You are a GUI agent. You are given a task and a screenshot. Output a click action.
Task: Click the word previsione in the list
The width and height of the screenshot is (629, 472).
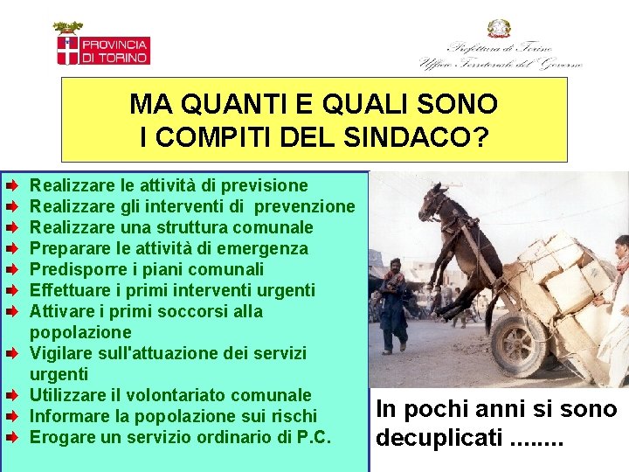click(266, 185)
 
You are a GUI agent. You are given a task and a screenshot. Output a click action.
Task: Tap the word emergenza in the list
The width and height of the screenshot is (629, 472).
click(266, 248)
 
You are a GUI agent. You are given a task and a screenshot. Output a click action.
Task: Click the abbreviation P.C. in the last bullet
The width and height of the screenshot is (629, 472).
click(313, 437)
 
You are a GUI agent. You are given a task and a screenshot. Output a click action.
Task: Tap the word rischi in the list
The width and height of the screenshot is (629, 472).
click(295, 416)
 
